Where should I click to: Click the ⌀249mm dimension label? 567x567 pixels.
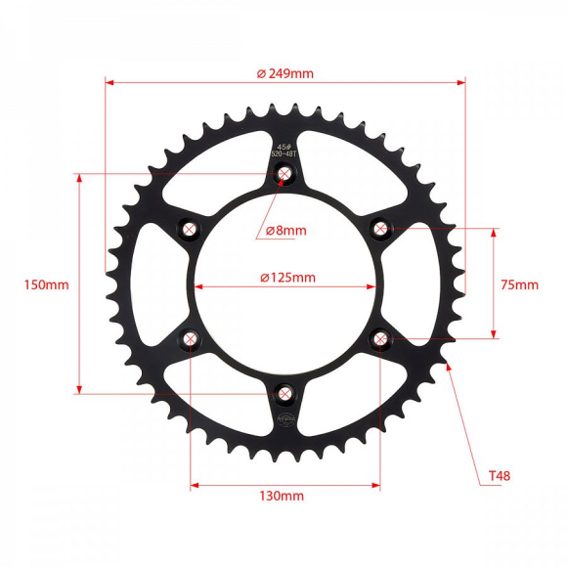284,73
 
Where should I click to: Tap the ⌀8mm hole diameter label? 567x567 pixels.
286,231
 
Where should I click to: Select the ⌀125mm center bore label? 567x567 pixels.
287,277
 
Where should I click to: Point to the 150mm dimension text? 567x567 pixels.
47,285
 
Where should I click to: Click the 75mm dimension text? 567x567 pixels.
519,285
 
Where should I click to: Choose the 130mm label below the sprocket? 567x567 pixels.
282,496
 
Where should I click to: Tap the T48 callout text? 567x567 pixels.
500,477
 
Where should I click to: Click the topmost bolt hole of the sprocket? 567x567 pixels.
284,175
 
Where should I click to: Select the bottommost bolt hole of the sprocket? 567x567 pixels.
284,394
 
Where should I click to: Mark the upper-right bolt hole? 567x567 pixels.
380,229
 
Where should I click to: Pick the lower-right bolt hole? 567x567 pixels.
380,339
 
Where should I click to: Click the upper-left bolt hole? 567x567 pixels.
190,229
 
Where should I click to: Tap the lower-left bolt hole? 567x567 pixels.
190,339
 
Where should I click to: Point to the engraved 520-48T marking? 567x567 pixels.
284,153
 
